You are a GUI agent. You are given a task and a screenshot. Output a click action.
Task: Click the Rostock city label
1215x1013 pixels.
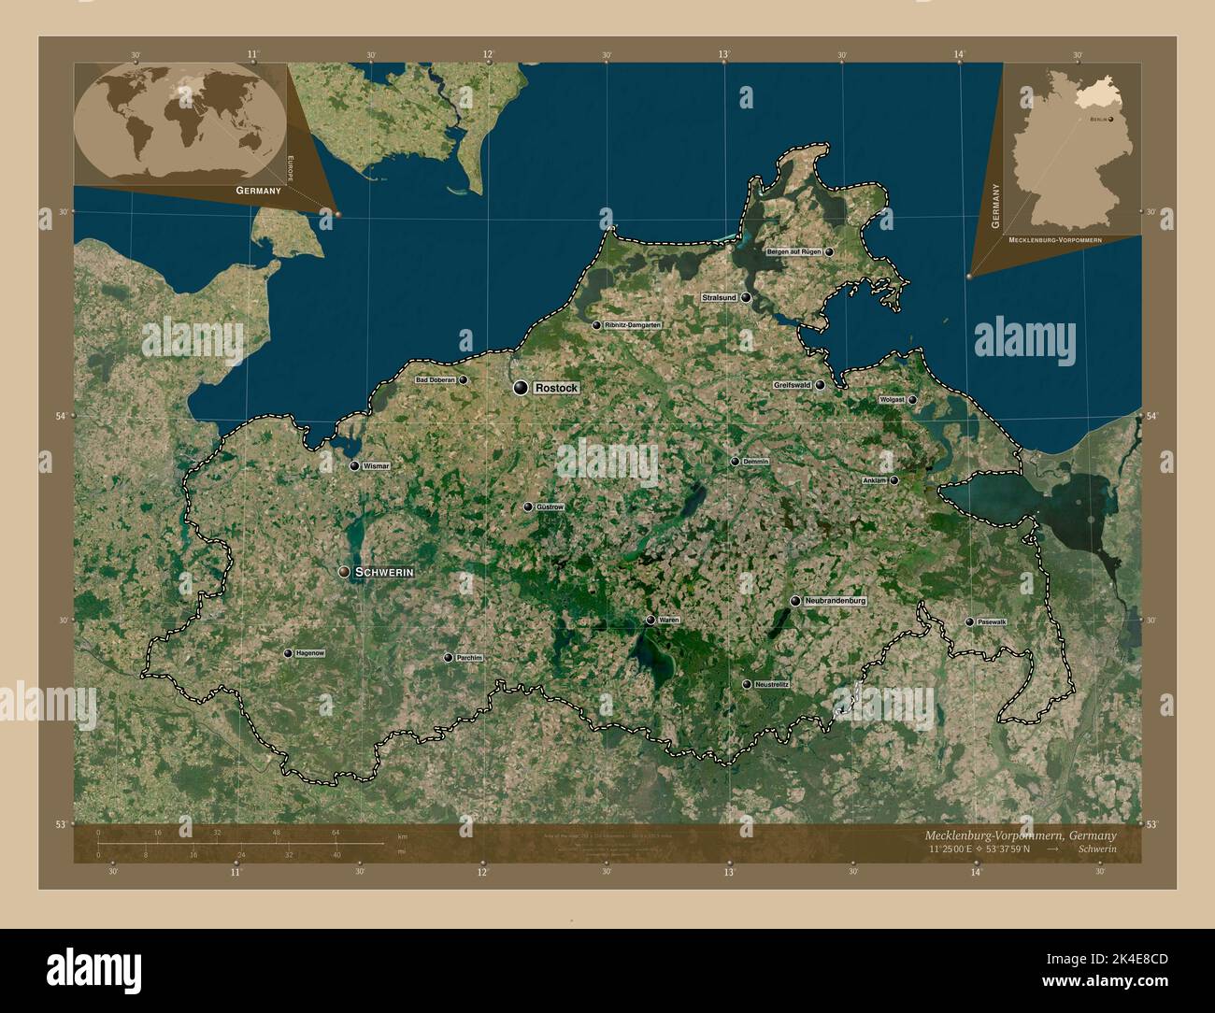tap(557, 388)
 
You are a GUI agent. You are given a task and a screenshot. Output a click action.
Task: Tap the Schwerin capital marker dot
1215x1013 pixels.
tap(345, 571)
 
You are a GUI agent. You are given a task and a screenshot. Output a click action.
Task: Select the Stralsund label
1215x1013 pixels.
tap(720, 297)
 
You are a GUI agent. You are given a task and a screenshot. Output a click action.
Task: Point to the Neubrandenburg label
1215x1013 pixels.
tap(835, 601)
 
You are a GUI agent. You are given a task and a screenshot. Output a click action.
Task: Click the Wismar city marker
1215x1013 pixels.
tap(354, 465)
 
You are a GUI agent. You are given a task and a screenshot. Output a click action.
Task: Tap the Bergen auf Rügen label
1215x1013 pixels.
tap(793, 252)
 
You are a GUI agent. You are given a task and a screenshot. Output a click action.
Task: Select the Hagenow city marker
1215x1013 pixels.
tap(288, 653)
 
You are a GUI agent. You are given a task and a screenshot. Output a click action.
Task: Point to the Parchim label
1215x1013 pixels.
tap(469, 658)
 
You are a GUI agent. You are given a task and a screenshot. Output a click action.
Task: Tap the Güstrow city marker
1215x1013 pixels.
tap(528, 507)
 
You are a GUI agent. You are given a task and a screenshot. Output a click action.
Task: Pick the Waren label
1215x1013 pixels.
tap(668, 620)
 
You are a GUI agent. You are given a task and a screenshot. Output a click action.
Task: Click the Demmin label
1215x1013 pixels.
tap(755, 462)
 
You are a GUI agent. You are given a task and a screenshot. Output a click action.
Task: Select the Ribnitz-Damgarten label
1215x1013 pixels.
tap(633, 325)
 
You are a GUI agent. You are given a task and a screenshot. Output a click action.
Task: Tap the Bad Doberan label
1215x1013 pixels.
tap(435, 380)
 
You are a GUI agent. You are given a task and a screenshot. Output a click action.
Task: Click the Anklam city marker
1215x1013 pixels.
tap(894, 480)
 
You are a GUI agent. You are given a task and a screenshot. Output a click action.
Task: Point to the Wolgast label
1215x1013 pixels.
tap(892, 400)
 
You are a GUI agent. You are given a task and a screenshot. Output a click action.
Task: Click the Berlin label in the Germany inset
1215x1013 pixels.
tap(1097, 120)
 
